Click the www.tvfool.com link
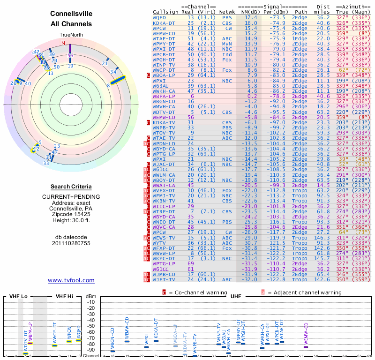tap(71, 280)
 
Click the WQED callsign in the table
tap(159, 17)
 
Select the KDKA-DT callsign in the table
tap(164, 22)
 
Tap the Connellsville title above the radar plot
tap(71, 14)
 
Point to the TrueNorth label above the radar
tap(70, 35)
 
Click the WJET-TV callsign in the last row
tap(164, 279)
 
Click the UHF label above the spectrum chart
tap(236, 296)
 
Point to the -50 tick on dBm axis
tap(91, 326)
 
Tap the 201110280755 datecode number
tap(71, 243)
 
